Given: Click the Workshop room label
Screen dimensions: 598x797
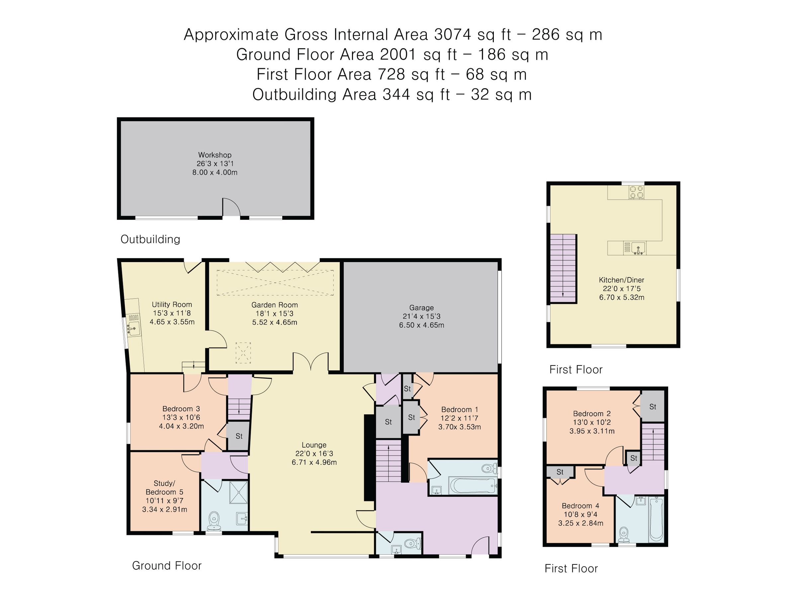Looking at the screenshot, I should click(215, 155).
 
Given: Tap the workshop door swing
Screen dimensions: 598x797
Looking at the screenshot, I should click(231, 208).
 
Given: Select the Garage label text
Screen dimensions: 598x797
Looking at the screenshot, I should click(421, 307).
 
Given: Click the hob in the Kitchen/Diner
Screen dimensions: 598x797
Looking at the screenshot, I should click(636, 192).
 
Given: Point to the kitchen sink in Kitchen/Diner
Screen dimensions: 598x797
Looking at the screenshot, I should click(637, 249).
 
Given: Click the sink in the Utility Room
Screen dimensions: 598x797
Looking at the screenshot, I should click(133, 329).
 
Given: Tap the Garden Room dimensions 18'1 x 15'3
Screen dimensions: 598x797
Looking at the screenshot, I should click(275, 314).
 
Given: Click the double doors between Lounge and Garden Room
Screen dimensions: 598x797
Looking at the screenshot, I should click(310, 362).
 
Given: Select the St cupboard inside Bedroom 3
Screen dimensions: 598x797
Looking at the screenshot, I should click(238, 436).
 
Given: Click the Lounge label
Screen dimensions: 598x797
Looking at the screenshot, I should click(314, 445).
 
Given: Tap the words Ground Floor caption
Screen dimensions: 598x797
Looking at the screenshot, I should click(167, 565).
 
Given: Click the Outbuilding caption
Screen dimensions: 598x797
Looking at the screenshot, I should click(150, 239).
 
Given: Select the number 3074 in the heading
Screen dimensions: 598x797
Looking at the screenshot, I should click(453, 35).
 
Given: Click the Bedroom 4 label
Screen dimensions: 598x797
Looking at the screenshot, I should click(580, 506).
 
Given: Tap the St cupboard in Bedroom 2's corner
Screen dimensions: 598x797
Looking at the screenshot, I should click(653, 407).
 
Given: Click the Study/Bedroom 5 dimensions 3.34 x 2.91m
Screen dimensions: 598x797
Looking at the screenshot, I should click(165, 510).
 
